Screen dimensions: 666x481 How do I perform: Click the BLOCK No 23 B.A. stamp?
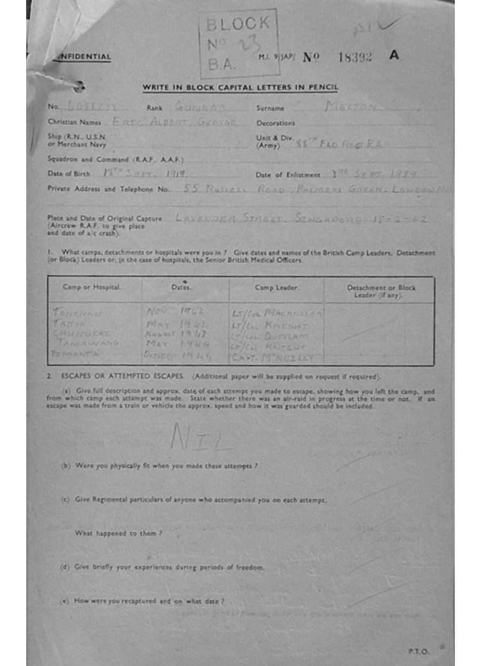tap(239, 43)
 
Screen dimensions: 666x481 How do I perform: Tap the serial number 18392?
tap(355, 57)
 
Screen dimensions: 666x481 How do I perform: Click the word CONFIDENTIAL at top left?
tap(83, 57)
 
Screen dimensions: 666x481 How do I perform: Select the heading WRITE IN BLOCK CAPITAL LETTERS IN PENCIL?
tap(240, 88)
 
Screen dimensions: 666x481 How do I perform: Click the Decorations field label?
tap(275, 123)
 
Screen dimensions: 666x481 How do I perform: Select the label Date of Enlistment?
tap(288, 174)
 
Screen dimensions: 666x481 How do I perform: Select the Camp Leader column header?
tap(273, 287)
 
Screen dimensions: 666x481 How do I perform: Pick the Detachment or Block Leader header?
tap(381, 291)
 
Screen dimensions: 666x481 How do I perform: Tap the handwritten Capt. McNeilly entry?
tap(273, 357)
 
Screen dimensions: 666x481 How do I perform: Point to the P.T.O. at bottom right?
tap(417, 650)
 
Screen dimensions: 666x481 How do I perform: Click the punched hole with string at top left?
tap(79, 85)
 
